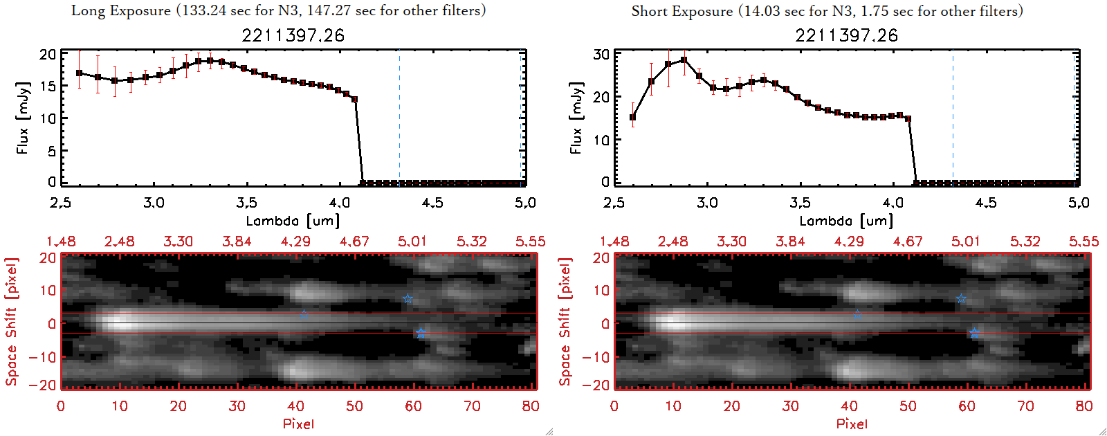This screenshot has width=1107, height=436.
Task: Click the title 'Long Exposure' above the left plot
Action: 121,11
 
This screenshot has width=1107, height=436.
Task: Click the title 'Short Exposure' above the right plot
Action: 681,11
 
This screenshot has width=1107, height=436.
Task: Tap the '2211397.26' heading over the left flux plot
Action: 293,35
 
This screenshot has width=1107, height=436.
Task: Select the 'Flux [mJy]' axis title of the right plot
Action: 576,118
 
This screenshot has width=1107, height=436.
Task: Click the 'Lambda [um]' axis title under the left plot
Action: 293,221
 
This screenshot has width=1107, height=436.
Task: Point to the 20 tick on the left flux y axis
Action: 48,55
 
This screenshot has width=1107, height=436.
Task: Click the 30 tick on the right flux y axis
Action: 601,55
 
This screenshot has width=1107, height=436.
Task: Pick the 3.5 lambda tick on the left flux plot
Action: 246,203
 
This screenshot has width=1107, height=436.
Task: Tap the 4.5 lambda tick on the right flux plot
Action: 986,203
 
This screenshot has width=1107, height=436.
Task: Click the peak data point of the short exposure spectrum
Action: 684,60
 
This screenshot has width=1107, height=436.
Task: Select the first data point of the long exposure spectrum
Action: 80,73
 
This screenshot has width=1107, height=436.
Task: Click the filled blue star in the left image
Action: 421,334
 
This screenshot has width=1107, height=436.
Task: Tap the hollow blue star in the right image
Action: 961,299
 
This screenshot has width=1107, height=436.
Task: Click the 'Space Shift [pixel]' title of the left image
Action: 11,322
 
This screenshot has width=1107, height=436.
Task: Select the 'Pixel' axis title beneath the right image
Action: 852,424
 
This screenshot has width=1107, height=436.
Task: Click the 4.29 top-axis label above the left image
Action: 295,242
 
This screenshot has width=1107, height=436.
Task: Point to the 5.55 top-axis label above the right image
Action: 1083,242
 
